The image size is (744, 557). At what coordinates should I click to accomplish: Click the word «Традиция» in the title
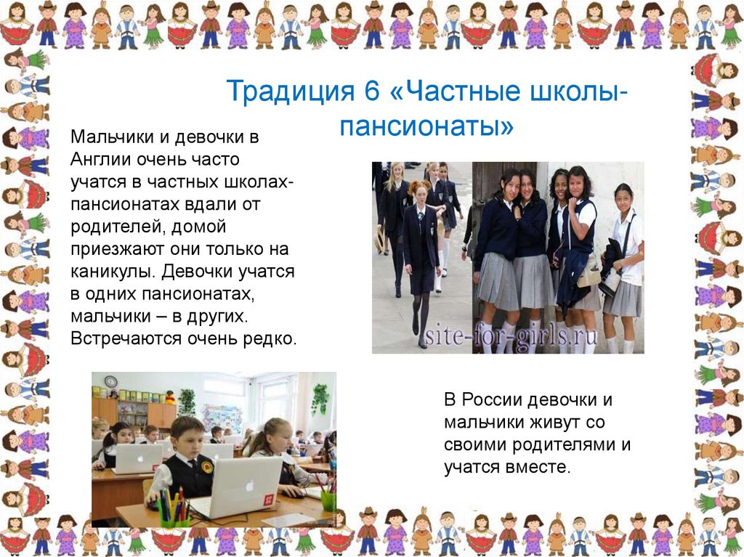point(290,91)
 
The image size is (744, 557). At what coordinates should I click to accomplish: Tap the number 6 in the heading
point(373,90)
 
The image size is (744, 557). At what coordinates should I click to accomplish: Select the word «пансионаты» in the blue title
point(426,126)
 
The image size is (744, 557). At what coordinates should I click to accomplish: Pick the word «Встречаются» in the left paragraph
point(126,338)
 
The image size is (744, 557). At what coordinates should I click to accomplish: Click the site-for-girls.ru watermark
point(511,336)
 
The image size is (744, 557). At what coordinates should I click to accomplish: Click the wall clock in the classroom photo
point(110,381)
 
